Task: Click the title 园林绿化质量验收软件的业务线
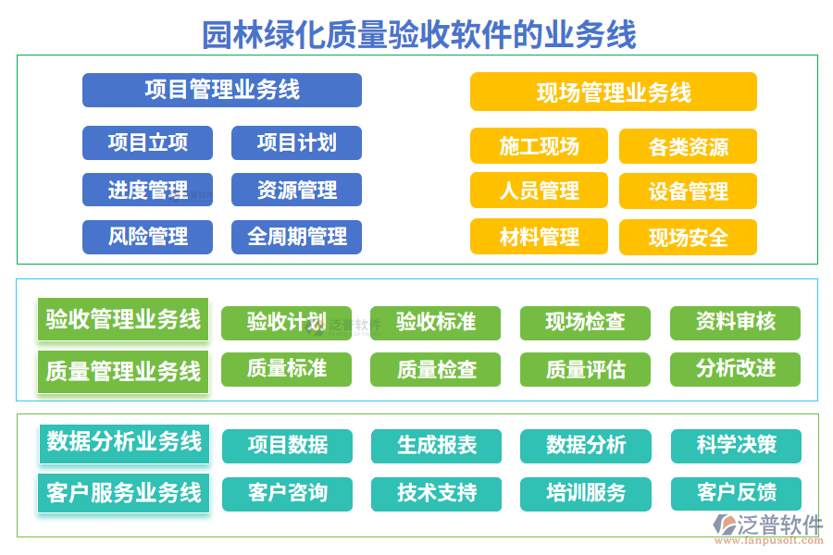tap(418, 34)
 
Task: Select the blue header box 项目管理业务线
tap(222, 90)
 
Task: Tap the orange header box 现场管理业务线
tap(613, 92)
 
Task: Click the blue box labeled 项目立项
tap(147, 142)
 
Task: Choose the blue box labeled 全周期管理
tap(296, 237)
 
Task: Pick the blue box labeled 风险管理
tap(147, 237)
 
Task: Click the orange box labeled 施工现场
tap(539, 146)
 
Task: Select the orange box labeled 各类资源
tap(688, 146)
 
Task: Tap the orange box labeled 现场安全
tap(688, 238)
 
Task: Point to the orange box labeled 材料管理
tap(539, 237)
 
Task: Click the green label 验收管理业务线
tap(123, 320)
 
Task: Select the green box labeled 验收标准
tap(435, 323)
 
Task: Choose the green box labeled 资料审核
tap(735, 323)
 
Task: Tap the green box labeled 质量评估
tap(585, 370)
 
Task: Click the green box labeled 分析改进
tap(735, 369)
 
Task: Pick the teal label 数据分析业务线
tap(124, 441)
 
